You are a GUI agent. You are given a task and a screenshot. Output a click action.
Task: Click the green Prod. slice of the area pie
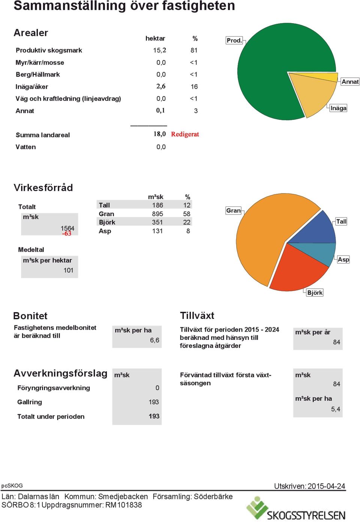268,70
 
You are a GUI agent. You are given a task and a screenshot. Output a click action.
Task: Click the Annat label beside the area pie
350,82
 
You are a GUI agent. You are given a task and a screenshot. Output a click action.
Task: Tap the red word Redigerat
185,134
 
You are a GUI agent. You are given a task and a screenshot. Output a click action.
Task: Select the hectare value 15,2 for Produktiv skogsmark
159,50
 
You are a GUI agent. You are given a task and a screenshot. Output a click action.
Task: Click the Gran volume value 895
157,214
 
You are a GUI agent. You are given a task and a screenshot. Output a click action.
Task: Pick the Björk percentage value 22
187,222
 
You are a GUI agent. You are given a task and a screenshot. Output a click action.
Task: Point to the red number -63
67,233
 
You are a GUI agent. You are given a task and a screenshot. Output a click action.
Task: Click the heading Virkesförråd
43,188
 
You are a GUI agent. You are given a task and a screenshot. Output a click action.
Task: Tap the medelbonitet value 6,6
154,340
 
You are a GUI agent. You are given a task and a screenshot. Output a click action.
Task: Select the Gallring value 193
154,402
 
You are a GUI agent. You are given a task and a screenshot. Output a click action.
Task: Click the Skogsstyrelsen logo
295,509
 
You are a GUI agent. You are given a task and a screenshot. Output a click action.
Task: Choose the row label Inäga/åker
32,87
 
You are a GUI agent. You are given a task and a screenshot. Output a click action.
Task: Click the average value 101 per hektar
69,270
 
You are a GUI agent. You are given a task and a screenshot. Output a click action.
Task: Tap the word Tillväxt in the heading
197,316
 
